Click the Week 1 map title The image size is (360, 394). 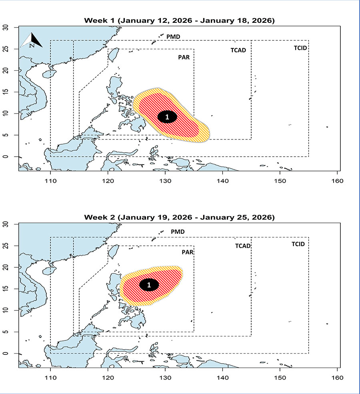pyautogui.click(x=179, y=21)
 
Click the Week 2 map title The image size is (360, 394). pyautogui.click(x=179, y=217)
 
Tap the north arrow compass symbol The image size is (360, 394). pyautogui.click(x=32, y=40)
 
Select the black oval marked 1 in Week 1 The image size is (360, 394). pyautogui.click(x=167, y=117)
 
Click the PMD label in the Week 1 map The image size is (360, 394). pyautogui.click(x=173, y=37)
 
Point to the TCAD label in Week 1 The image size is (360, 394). pyautogui.click(x=238, y=50)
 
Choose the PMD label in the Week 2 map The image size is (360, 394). pyautogui.click(x=178, y=232)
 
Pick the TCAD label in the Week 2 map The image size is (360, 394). pyautogui.click(x=243, y=246)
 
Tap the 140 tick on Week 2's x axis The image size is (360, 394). pyautogui.click(x=222, y=377)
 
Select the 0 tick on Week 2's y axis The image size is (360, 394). pyautogui.click(x=11, y=354)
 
